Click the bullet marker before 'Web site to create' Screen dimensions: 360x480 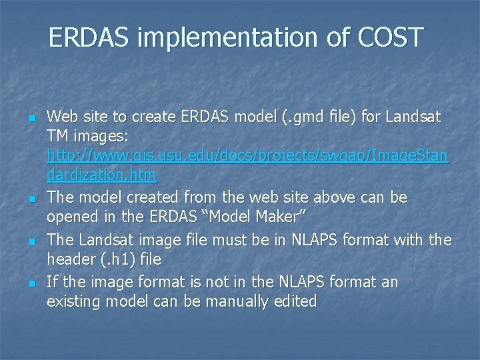click(31, 118)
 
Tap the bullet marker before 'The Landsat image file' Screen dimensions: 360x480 click(31, 241)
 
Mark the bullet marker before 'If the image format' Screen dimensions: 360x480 click(31, 283)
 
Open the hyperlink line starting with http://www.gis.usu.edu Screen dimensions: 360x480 click(247, 156)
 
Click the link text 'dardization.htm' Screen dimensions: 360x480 click(101, 175)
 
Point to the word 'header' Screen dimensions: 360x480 click(69, 259)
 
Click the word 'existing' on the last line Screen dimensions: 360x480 click(73, 301)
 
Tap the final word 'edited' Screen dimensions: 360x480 click(294, 301)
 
